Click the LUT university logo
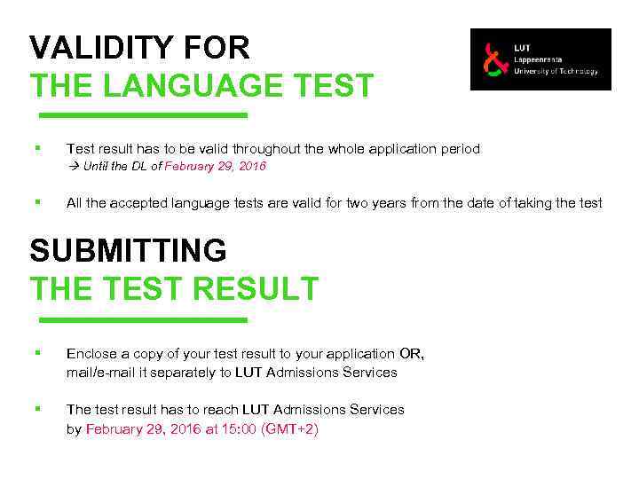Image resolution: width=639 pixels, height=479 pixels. pos(540,59)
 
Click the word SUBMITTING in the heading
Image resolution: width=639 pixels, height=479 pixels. pos(128,251)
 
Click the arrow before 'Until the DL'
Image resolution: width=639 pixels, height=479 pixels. pos(73,167)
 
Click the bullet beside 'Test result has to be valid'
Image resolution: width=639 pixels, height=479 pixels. pos(35,148)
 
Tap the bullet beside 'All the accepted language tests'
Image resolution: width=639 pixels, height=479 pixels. pos(35,202)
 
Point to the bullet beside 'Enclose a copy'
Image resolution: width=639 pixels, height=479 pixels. pos(35,353)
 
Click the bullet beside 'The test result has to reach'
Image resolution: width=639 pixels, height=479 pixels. pos(35,408)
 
